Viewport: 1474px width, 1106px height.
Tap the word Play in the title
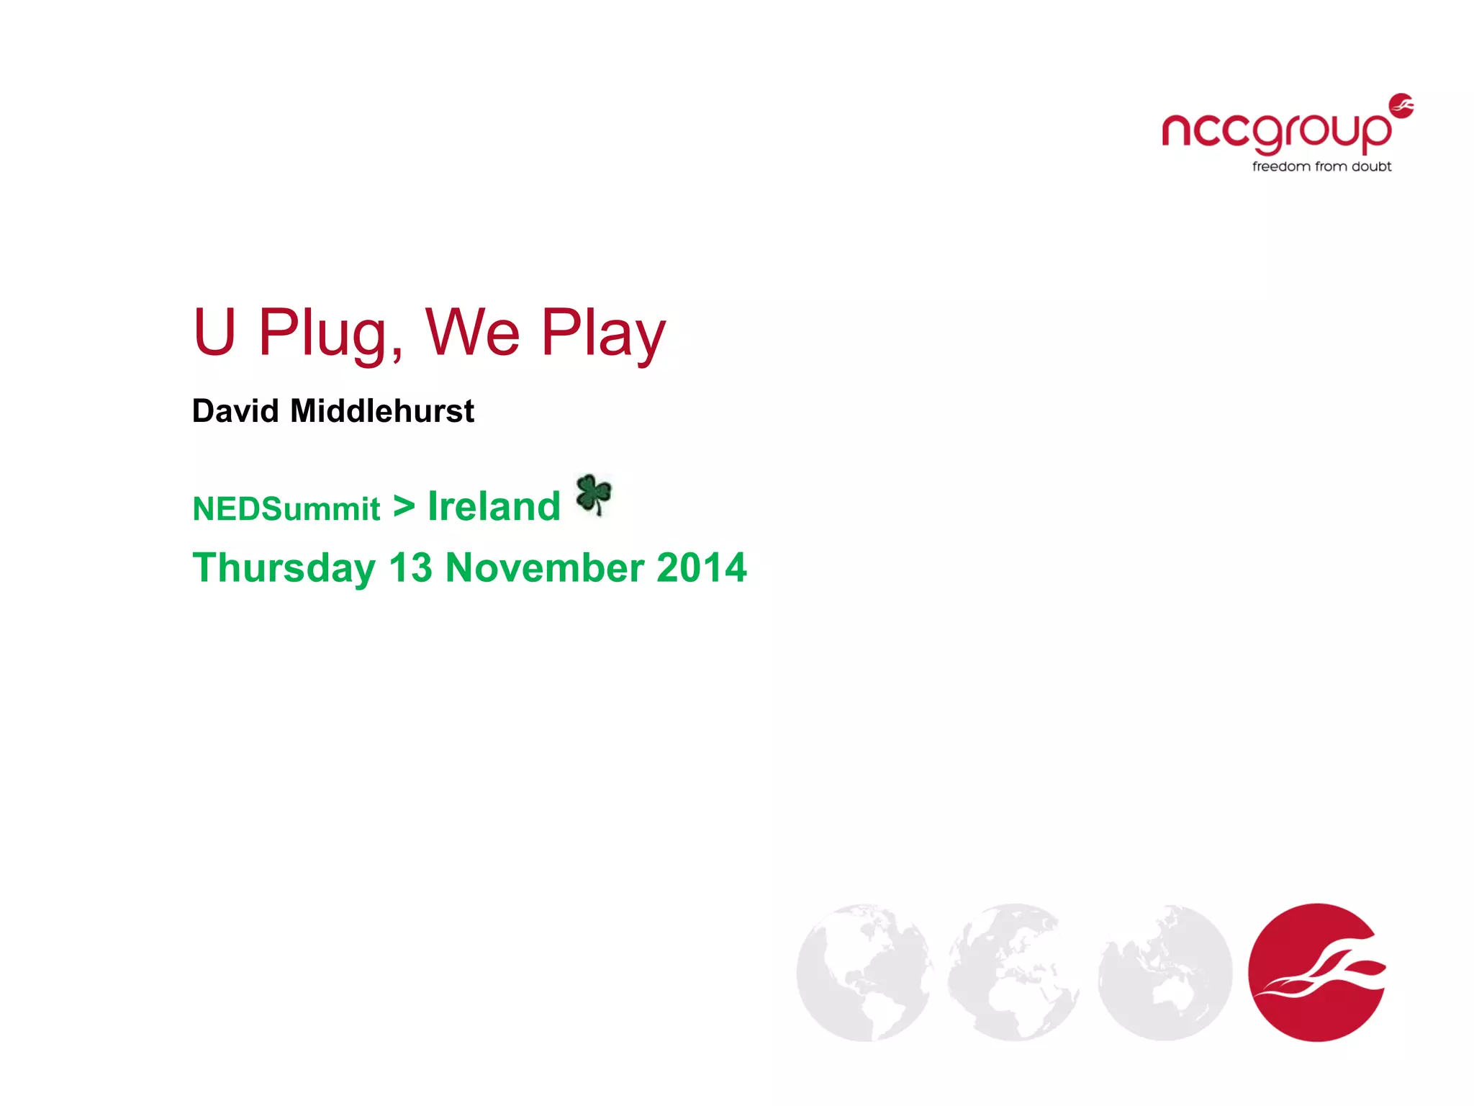pyautogui.click(x=603, y=333)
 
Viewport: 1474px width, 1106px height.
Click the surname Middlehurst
pyautogui.click(x=382, y=411)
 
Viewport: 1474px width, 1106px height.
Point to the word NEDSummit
pyautogui.click(x=286, y=509)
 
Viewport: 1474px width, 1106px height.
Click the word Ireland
pyautogui.click(x=494, y=506)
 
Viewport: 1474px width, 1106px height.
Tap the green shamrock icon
pyautogui.click(x=594, y=494)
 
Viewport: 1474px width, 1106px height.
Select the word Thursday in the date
pyautogui.click(x=284, y=567)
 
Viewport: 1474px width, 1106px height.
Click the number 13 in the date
pyautogui.click(x=410, y=567)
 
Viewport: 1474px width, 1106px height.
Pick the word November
pyautogui.click(x=544, y=567)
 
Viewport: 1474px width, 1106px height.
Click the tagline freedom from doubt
pyautogui.click(x=1321, y=167)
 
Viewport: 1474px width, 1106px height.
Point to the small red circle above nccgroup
pyautogui.click(x=1401, y=105)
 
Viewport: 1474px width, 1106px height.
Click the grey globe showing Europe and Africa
pyautogui.click(x=1015, y=972)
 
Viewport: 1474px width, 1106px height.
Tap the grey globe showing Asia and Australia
pyautogui.click(x=1165, y=972)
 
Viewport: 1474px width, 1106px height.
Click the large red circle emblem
pyautogui.click(x=1316, y=972)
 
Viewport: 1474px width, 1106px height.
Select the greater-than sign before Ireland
pyautogui.click(x=404, y=506)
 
